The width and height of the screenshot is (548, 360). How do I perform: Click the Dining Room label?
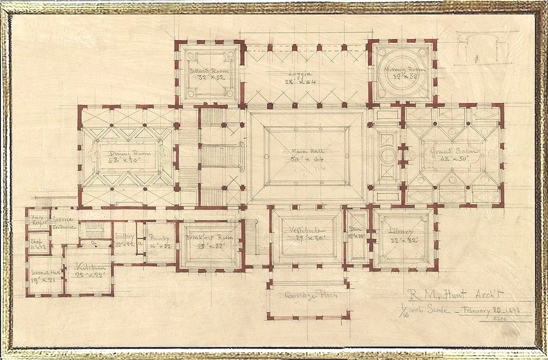coord(129,154)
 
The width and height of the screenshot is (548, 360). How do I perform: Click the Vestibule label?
coord(306,230)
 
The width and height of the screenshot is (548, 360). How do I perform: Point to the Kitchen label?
coord(88,267)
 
